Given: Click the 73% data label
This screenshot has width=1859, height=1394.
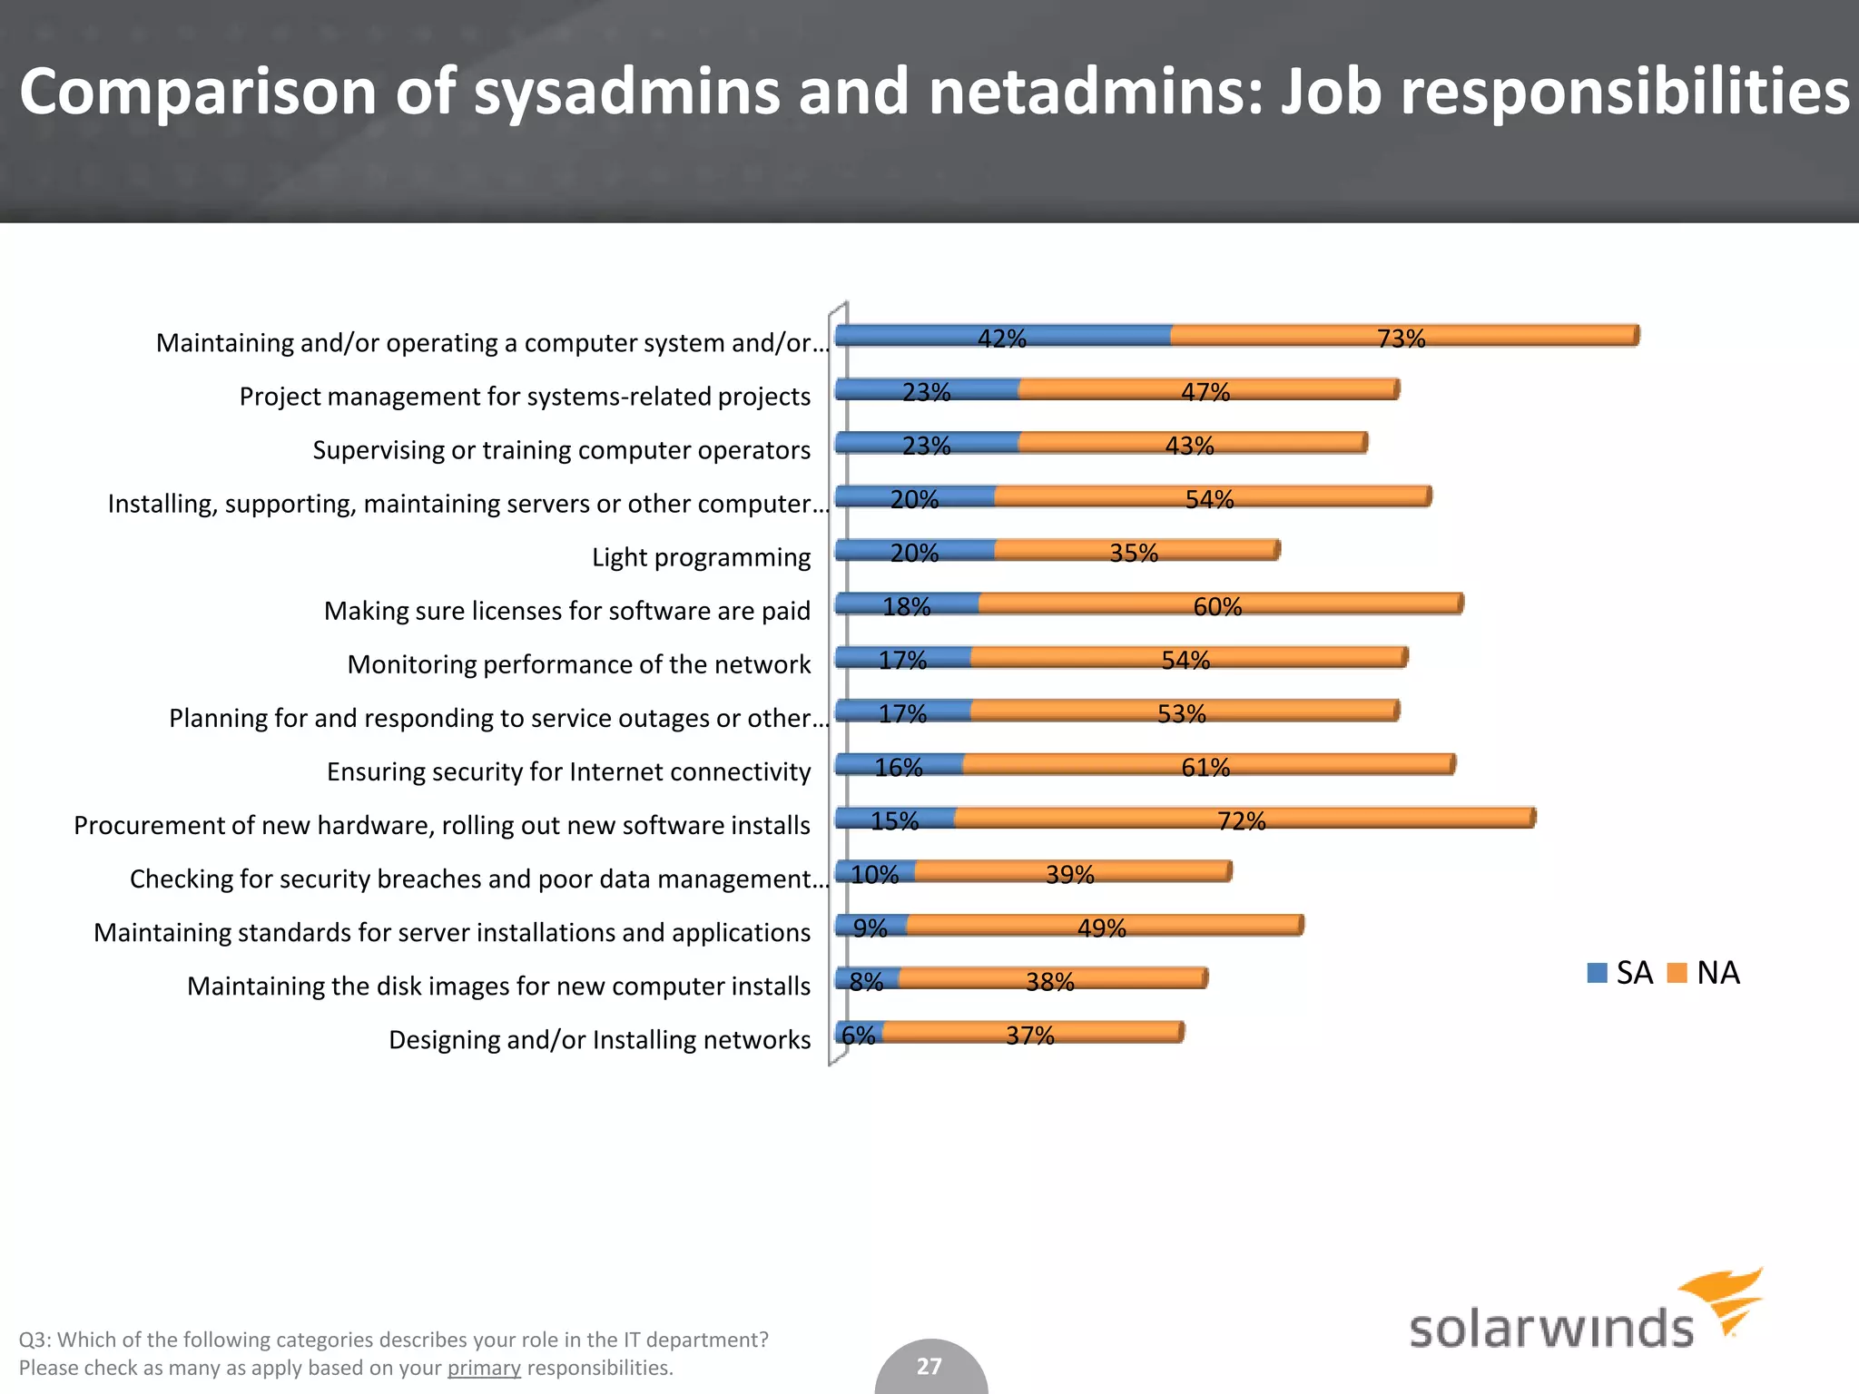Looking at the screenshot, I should tap(1401, 339).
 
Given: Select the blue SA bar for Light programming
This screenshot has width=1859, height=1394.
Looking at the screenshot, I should tap(914, 550).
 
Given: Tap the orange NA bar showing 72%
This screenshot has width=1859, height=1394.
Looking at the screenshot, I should tap(1244, 818).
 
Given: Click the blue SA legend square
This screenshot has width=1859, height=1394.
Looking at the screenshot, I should tap(1597, 973).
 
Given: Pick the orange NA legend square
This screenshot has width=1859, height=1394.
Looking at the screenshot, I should tap(1677, 973).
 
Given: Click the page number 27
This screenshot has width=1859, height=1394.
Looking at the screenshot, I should tap(929, 1366).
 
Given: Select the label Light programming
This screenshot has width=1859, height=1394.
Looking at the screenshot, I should tap(701, 557).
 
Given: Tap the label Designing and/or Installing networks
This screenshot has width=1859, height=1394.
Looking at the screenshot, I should tap(599, 1040).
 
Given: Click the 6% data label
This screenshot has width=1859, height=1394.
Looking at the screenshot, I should tap(858, 1035).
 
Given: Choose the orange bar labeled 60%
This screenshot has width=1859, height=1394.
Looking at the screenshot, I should tap(1220, 604).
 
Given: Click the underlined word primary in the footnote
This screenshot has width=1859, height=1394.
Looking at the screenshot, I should tap(484, 1368).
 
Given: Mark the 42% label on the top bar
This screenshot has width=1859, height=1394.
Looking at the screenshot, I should tap(1001, 339).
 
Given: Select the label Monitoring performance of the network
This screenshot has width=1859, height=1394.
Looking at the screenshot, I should tap(578, 664).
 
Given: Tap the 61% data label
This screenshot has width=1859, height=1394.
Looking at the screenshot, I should tap(1205, 768).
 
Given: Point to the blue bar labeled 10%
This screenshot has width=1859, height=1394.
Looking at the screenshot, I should tap(874, 871).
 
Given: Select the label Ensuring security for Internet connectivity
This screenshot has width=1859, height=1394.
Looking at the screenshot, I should tap(568, 771).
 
